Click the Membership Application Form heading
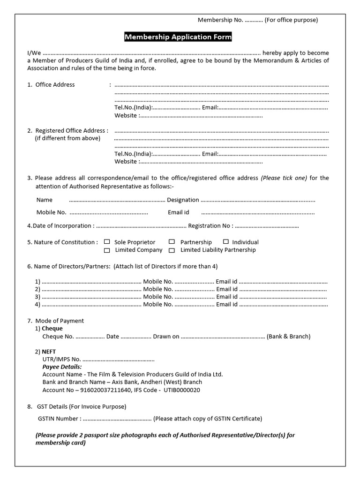click(178, 37)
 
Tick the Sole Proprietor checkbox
click(107, 242)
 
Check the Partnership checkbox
click(172, 242)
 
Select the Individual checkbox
click(226, 242)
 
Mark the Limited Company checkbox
click(107, 250)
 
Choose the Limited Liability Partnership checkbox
click(172, 250)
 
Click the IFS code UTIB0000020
click(182, 390)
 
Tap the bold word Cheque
click(52, 329)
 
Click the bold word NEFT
click(49, 352)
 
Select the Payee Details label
click(62, 367)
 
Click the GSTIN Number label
click(59, 419)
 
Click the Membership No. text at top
click(220, 20)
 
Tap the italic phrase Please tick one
click(284, 178)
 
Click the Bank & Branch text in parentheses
click(288, 336)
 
